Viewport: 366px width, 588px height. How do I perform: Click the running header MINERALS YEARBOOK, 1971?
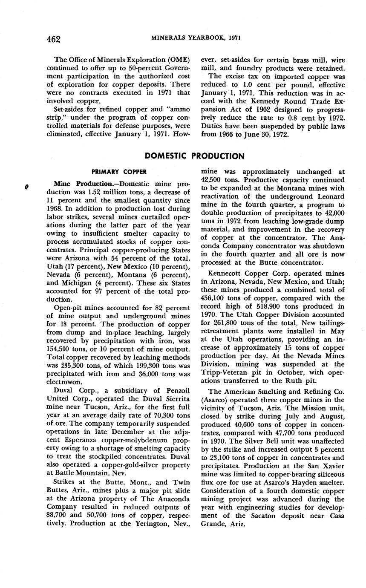point(196,38)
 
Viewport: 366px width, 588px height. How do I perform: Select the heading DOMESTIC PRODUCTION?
point(195,156)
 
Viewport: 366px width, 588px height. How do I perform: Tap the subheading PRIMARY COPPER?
point(119,172)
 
